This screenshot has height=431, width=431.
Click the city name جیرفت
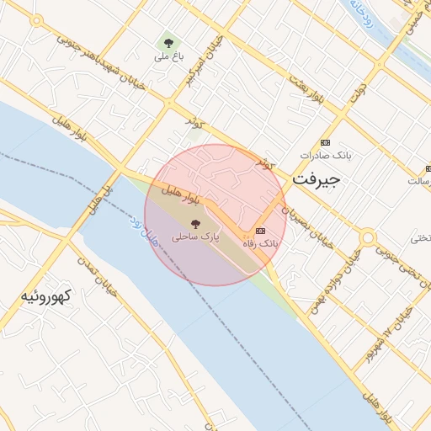pos(315,181)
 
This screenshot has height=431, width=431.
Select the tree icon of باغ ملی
pos(168,42)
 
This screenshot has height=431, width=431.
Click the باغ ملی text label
pos(168,57)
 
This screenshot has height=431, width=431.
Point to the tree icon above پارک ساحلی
pos(195,224)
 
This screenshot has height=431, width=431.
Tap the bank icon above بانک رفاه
pos(260,231)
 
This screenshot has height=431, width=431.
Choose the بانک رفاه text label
pos(260,243)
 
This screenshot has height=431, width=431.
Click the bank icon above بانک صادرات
pos(326,142)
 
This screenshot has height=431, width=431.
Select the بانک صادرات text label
pos(325,156)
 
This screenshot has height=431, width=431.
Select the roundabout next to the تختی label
pos(368,239)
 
